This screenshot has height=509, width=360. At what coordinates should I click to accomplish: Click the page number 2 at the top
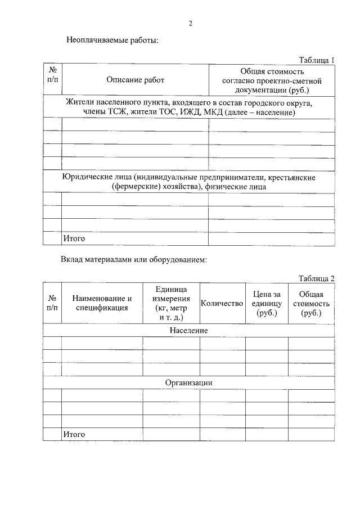coord(191,23)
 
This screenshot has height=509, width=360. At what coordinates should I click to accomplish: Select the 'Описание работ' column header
coord(136,80)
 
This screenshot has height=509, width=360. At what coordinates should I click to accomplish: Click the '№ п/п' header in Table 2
coord(52,303)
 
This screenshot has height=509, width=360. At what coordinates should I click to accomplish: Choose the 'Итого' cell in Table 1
coord(74,238)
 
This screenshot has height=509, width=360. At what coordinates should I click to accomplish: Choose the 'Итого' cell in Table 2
coord(74,434)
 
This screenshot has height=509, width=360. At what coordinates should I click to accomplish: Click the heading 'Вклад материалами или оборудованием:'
coord(134,260)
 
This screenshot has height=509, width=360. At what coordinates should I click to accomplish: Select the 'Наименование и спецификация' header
coord(102,303)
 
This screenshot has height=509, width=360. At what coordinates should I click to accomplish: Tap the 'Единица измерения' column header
coord(171,303)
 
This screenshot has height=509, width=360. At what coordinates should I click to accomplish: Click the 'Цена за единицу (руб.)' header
coord(267,303)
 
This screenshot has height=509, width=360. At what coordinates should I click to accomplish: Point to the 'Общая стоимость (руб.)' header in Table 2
coord(311,303)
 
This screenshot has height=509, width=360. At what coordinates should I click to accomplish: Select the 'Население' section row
coord(189,330)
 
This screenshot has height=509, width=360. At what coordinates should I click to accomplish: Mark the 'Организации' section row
coord(189,382)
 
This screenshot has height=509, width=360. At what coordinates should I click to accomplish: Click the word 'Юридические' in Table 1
coord(89,178)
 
